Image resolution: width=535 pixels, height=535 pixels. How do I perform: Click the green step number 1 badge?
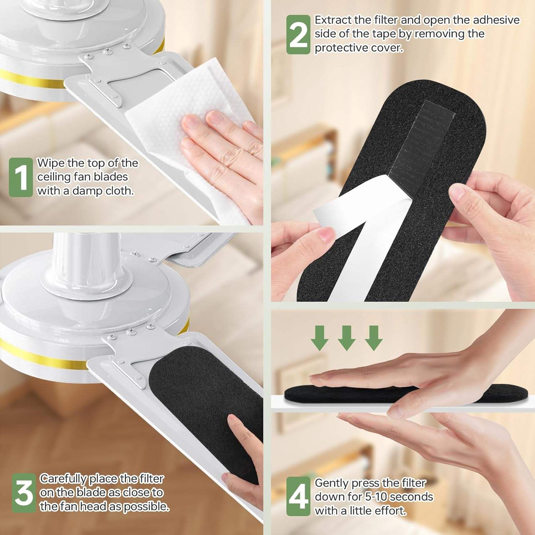coord(21,177)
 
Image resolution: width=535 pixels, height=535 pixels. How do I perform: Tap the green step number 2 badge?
coord(298,35)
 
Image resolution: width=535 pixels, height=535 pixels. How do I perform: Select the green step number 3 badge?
coord(24,493)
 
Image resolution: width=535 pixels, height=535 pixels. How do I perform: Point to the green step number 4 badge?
coord(298,496)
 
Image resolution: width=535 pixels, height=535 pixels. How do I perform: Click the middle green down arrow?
coord(346,338)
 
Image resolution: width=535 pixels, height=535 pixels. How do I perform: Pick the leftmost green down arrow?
coord(320,338)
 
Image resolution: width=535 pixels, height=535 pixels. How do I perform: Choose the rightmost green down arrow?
coord(373,338)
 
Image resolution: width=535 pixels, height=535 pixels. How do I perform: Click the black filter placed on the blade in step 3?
coord(200,392)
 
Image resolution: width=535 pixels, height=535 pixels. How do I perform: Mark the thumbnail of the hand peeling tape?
coord(326,234)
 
